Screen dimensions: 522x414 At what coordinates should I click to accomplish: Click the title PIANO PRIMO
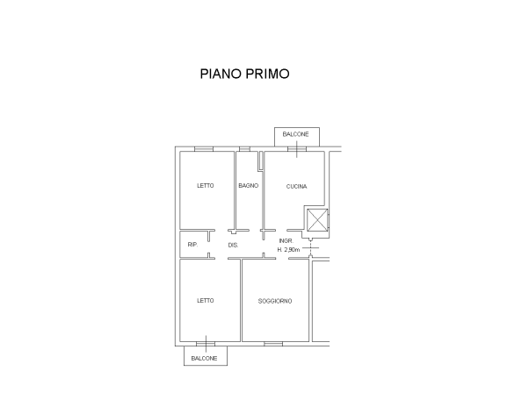coord(244,74)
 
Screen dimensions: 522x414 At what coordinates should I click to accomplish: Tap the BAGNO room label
coord(249,185)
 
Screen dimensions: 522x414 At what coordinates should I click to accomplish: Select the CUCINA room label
coord(297,187)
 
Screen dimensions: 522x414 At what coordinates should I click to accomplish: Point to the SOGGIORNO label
coord(275,301)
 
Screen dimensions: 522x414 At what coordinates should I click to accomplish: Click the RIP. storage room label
coord(192,245)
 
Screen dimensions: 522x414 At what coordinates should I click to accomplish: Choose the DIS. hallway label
coord(233,246)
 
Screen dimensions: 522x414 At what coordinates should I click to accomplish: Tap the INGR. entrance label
coord(286,241)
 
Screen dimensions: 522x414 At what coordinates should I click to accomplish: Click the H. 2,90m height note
coord(288,249)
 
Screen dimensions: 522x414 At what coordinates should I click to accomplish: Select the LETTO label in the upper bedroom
coord(206,185)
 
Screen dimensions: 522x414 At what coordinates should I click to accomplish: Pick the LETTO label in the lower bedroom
coord(206,300)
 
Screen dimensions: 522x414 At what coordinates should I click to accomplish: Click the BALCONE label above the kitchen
coord(295,134)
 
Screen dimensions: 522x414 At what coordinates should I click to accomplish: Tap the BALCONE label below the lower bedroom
coord(204,358)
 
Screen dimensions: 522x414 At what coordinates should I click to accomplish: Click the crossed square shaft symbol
coord(317,220)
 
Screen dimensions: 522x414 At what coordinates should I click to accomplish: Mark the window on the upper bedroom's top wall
coord(204,149)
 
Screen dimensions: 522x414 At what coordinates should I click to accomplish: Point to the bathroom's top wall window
coord(244,149)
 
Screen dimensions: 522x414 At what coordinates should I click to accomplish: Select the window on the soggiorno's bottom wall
coord(273,344)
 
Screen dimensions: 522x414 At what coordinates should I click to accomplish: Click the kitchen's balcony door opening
coord(297,149)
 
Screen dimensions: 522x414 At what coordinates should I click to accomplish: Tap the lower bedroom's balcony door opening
coord(206,344)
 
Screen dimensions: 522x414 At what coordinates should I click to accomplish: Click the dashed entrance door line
coord(310,247)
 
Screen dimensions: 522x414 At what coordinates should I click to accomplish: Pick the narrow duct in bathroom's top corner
coord(260,161)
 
